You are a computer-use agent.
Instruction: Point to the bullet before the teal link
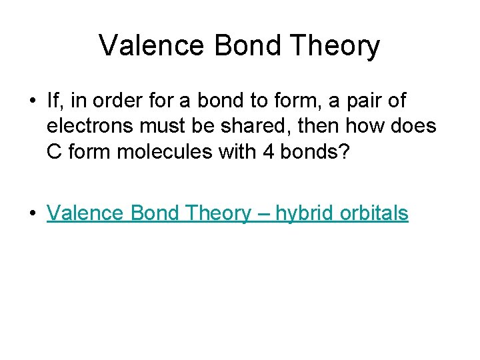33,213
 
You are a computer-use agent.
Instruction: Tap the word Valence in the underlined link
86,213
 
